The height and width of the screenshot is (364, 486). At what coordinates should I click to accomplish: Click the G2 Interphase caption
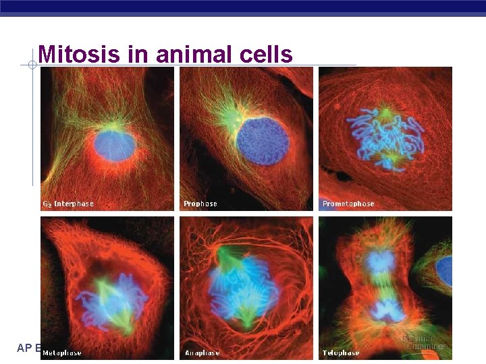pos(68,204)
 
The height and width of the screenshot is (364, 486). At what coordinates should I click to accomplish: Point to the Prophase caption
pos(200,204)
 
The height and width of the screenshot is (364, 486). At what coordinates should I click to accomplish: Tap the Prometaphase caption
pos(348,204)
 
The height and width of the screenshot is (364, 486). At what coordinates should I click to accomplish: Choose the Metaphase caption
pos(62,353)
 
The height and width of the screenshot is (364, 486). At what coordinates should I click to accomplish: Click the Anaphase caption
pos(202,353)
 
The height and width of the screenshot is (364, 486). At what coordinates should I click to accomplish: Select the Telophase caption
pos(341,353)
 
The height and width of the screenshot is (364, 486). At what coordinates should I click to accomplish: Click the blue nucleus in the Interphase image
pos(114,145)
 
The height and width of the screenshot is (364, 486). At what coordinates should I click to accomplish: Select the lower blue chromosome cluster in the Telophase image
pos(385,311)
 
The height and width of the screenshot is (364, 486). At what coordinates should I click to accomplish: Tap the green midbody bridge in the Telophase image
pos(383,286)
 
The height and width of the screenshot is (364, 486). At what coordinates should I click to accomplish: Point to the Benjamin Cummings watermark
pos(425,342)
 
